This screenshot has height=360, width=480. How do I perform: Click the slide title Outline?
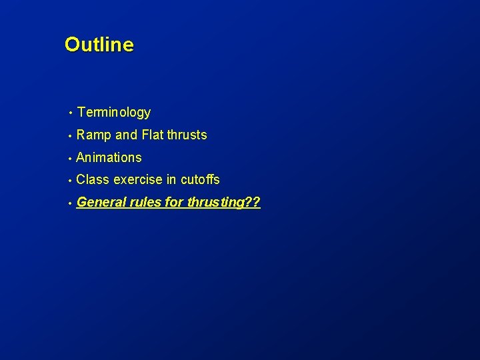(99, 45)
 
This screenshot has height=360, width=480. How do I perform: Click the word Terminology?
(113, 113)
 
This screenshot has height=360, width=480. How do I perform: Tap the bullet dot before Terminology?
(69, 113)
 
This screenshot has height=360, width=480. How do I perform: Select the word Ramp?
(94, 135)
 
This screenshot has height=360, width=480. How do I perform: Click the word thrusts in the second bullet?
(187, 135)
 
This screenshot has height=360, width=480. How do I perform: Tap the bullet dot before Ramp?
(69, 135)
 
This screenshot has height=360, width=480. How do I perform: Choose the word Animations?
(109, 157)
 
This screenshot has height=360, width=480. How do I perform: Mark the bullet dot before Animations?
(69, 158)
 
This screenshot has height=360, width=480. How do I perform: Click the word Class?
(93, 179)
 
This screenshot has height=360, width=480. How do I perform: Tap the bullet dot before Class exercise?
(69, 180)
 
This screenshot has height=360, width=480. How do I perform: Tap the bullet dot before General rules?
(69, 203)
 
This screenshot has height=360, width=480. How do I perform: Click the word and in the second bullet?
(125, 135)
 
